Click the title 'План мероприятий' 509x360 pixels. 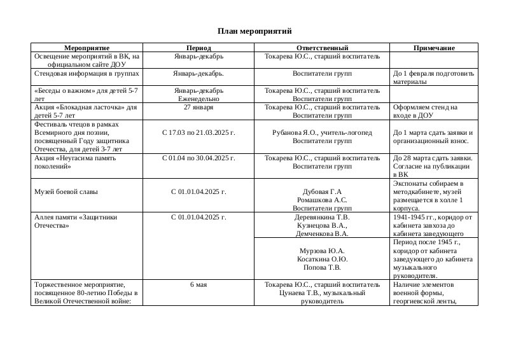[254, 31]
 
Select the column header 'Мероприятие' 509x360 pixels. [87, 48]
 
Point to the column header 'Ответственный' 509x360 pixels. [322, 48]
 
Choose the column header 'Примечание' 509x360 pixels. [434, 48]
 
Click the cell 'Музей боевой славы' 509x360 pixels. [66, 191]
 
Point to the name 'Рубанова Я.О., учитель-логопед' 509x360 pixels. [322, 132]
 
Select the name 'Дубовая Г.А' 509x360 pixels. [322, 191]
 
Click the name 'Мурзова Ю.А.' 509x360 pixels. [322, 251]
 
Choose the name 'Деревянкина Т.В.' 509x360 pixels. [322, 217]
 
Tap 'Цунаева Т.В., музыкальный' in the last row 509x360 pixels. [322, 293]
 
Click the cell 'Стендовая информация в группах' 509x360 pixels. [87, 74]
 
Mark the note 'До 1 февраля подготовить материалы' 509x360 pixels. [433, 78]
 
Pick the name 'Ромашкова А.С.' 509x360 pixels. [322, 200]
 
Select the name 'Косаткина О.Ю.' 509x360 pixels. [322, 259]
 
